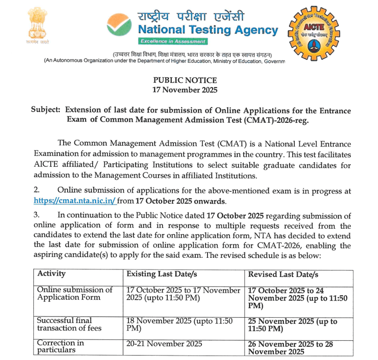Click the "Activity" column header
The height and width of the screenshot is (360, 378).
51,274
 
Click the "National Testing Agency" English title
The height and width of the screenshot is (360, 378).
208,30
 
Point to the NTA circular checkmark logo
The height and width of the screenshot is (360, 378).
119,26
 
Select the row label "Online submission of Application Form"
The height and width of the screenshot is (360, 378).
74,293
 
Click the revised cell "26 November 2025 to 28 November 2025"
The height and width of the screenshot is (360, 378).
290,347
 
